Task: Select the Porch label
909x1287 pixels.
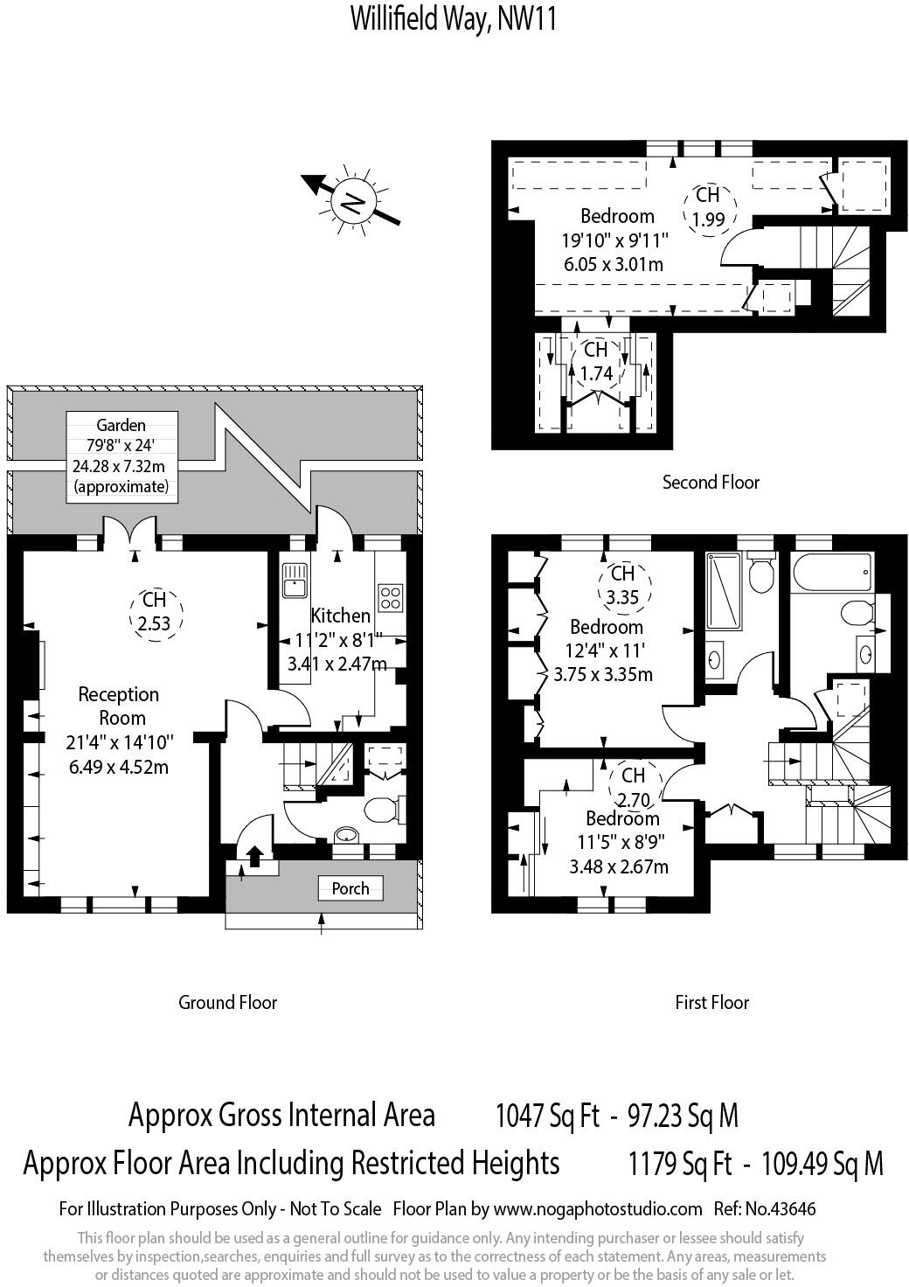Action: click(350, 888)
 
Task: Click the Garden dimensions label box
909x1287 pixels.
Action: click(121, 456)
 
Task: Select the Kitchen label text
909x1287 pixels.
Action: click(340, 616)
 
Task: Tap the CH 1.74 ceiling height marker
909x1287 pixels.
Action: click(596, 362)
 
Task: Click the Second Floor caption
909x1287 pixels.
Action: click(711, 482)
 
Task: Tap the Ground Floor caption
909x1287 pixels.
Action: click(227, 1002)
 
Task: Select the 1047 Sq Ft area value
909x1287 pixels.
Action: click(547, 1116)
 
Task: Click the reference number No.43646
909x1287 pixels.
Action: click(765, 1209)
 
